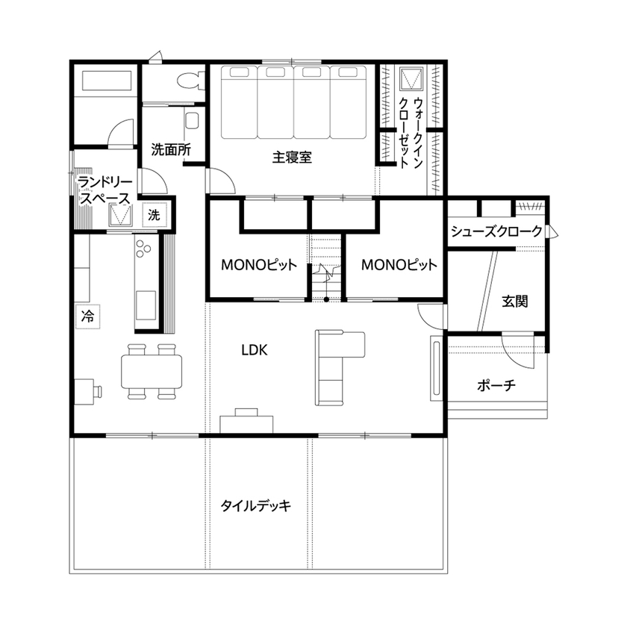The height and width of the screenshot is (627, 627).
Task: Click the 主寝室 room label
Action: pos(292,158)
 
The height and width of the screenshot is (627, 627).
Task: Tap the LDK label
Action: pos(255,349)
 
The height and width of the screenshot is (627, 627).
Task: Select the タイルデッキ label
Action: pos(255,505)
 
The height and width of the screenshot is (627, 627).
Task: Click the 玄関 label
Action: pos(515,302)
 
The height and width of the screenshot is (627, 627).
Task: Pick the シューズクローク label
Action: pos(496,232)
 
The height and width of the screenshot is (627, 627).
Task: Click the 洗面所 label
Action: pos(171,149)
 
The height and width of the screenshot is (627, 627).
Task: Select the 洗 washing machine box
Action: pos(154,215)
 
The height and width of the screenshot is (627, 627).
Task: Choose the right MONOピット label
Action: pos(399,265)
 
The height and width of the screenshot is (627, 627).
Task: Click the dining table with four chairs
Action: pos(152,370)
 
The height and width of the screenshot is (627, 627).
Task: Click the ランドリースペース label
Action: pos(104,190)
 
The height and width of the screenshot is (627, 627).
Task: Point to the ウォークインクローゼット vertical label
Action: pos(413,134)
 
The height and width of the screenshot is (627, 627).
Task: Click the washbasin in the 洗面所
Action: pos(192,120)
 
